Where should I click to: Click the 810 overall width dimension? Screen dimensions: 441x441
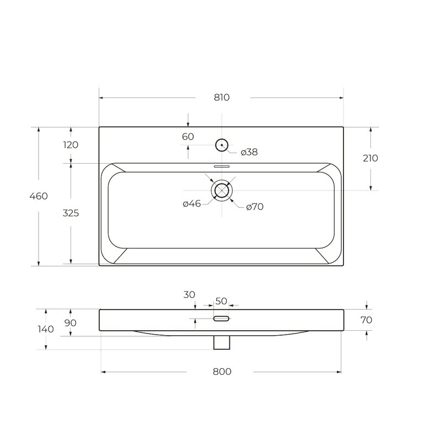coord(222,98)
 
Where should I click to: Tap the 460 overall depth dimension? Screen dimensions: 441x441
coord(39,196)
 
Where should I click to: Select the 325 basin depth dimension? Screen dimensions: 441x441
coord(71,213)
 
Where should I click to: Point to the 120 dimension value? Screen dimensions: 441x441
coord(71,145)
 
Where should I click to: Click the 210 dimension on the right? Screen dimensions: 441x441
coord(370,158)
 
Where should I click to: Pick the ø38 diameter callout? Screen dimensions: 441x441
coord(249,152)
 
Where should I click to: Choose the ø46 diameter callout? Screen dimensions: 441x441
coord(192,203)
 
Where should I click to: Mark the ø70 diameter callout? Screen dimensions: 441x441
coord(255,207)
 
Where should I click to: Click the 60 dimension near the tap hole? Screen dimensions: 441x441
coord(188,137)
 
